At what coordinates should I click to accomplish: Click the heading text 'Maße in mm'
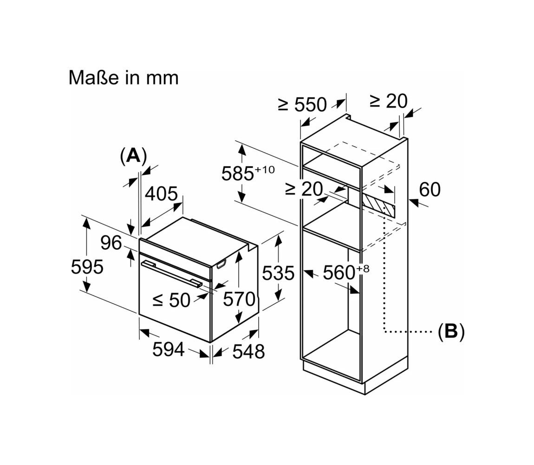123,77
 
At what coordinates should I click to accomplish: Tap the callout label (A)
133,155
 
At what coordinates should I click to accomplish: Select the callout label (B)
451,330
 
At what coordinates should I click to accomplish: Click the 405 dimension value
162,194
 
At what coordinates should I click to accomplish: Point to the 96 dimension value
111,243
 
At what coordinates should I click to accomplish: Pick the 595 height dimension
87,266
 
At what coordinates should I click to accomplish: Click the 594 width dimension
168,349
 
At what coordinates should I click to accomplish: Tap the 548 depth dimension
248,351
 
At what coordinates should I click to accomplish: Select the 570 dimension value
239,299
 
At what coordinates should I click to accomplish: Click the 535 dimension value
278,273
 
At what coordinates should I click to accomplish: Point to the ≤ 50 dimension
171,300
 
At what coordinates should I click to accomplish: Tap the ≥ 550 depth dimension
302,104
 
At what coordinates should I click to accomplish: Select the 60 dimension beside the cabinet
430,189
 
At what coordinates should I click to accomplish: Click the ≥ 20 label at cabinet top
389,101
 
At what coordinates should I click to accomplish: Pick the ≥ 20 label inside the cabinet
304,189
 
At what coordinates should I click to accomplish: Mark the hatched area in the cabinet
378,205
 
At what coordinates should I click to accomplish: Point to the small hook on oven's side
221,264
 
